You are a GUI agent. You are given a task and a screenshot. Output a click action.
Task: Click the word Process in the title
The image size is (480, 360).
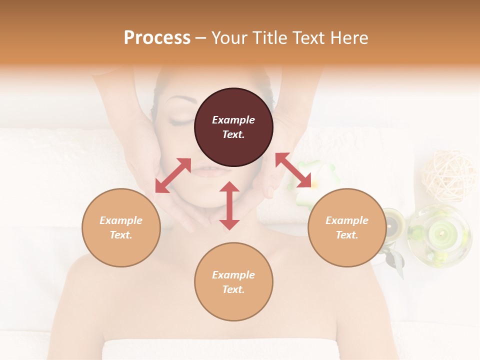pyautogui.click(x=157, y=38)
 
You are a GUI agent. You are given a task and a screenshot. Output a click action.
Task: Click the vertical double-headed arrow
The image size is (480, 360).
pyautogui.click(x=229, y=205)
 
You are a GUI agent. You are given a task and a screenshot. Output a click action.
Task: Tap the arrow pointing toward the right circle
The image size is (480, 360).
pyautogui.click(x=293, y=170)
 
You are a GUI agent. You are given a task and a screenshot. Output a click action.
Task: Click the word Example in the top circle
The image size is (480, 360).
pyautogui.click(x=233, y=120)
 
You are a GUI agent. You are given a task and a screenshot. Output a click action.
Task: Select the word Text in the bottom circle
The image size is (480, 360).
pyautogui.click(x=233, y=289)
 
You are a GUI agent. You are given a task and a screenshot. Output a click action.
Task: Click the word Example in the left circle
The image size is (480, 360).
pyautogui.click(x=121, y=220)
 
